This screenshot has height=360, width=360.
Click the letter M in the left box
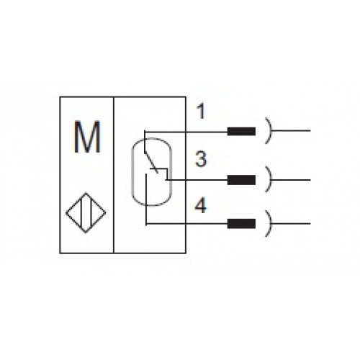(x=87, y=137)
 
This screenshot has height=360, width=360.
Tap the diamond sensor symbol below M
(x=86, y=212)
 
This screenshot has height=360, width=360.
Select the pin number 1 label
(x=201, y=111)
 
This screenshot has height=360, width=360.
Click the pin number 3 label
(x=201, y=158)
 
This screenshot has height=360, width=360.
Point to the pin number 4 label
(x=201, y=205)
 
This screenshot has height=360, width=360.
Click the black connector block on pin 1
(x=241, y=131)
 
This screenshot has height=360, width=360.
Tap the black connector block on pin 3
(x=241, y=180)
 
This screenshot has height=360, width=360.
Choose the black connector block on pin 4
(x=241, y=224)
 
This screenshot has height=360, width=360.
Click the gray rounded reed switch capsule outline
(x=132, y=171)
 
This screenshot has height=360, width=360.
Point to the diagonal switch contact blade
(x=151, y=163)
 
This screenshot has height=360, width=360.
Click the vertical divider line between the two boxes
(x=114, y=175)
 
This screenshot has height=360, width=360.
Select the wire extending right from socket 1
(x=291, y=131)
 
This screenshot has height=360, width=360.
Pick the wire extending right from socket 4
(x=291, y=224)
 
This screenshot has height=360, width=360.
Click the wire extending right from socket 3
(x=291, y=179)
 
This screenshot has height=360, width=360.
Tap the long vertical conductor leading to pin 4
(x=146, y=199)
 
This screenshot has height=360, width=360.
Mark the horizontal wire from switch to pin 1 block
(x=186, y=132)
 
